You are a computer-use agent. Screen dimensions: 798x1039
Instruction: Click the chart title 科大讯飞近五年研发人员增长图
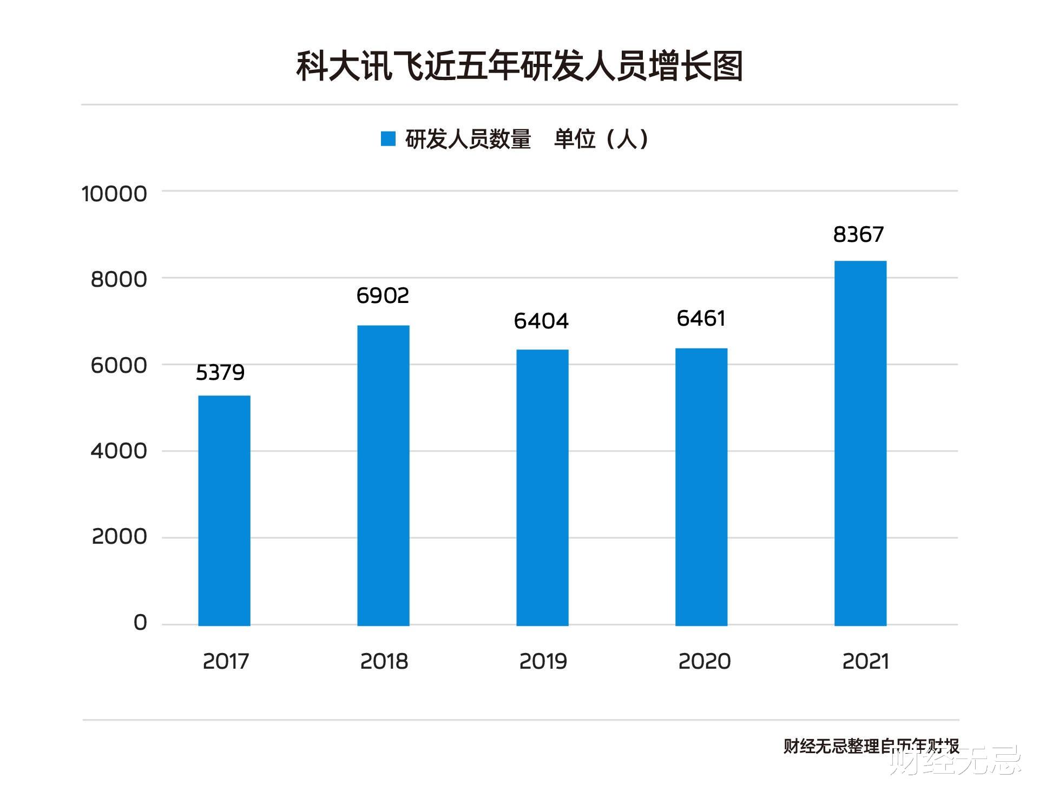(x=519, y=67)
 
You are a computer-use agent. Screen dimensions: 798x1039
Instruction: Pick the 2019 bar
(x=542, y=487)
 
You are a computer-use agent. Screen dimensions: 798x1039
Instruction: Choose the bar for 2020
(x=701, y=486)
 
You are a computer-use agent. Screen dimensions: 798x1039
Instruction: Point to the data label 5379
(x=220, y=372)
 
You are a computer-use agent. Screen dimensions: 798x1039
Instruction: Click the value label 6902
(x=383, y=295)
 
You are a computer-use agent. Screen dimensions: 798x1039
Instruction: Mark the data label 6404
(x=541, y=321)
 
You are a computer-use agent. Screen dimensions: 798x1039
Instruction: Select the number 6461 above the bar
(x=701, y=318)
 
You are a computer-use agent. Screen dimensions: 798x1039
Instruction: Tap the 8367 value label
(x=858, y=234)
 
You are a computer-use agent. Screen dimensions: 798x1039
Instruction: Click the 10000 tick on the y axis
(x=114, y=194)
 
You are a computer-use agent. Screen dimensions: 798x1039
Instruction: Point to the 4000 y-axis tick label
(x=119, y=451)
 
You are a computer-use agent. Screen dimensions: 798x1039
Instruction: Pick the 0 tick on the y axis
(x=140, y=623)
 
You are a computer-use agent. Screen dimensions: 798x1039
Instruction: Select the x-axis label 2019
(x=543, y=661)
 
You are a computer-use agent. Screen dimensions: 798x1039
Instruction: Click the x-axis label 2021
(x=865, y=661)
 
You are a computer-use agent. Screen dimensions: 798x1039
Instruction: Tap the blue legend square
(x=388, y=139)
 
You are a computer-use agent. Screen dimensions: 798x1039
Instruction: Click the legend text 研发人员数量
(x=468, y=139)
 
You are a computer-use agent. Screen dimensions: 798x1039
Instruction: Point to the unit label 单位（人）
(x=601, y=139)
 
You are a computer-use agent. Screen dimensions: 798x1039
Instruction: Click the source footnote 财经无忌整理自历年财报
(x=871, y=746)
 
